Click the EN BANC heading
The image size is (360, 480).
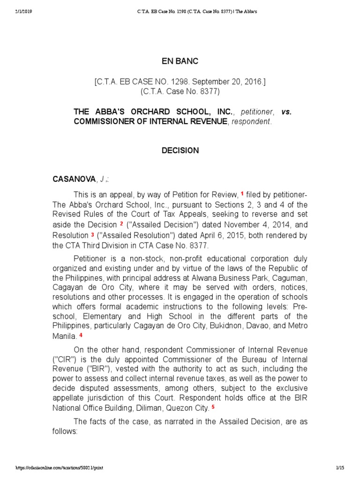(x=180, y=61)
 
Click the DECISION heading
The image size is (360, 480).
(x=180, y=150)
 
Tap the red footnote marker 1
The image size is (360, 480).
(x=242, y=193)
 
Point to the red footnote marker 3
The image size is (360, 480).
(x=93, y=234)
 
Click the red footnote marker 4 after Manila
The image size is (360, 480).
(x=81, y=335)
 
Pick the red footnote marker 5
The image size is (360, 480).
(x=213, y=406)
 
